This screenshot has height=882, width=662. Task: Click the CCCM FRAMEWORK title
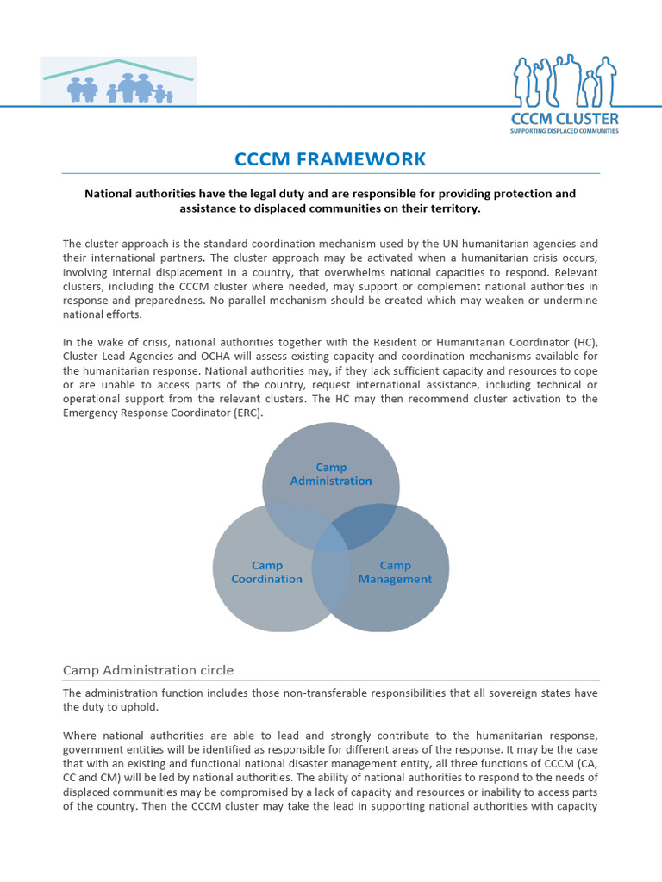tap(331, 158)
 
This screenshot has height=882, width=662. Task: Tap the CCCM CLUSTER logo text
tap(565, 119)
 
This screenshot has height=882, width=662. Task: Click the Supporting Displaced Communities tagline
tap(565, 131)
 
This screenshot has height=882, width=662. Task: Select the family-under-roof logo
tap(119, 82)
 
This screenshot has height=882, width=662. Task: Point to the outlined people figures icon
tap(565, 80)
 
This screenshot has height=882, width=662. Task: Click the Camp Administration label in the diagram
tap(331, 475)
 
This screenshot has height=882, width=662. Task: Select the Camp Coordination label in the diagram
tap(267, 573)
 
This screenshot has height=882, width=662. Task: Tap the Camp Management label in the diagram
tap(395, 573)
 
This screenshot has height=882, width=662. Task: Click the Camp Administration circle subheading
tap(148, 670)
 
